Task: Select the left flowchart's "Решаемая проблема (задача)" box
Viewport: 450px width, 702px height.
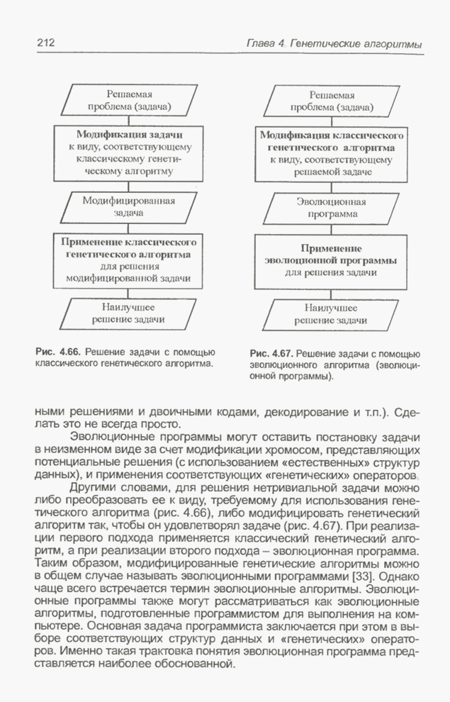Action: click(129, 100)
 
